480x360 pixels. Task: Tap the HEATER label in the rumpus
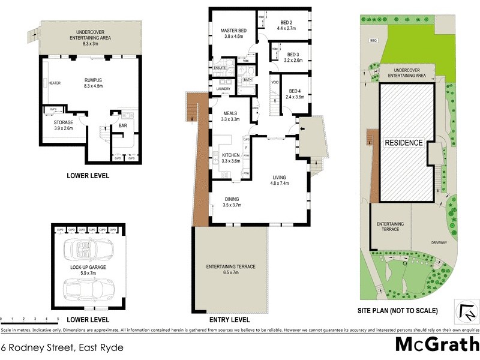pos(55,83)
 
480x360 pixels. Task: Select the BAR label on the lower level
pos(122,125)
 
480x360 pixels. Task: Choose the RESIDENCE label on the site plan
pos(404,143)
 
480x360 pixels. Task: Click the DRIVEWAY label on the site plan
pos(439,243)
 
